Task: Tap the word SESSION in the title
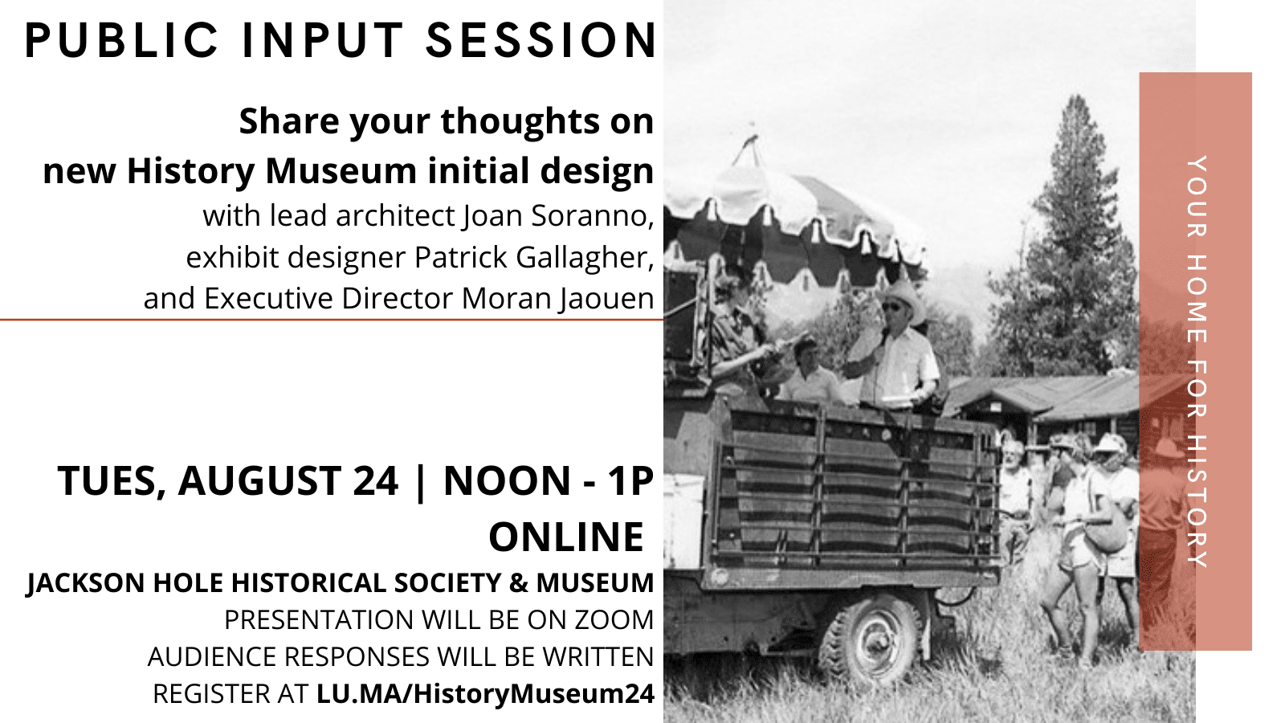coord(541,41)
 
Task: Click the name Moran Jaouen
coord(557,299)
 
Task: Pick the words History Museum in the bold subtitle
coord(273,171)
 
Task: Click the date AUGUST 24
coord(288,481)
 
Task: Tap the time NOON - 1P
coord(549,481)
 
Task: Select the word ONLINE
coord(566,537)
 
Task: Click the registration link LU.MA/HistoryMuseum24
coord(485,694)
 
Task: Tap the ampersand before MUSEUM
coord(519,583)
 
